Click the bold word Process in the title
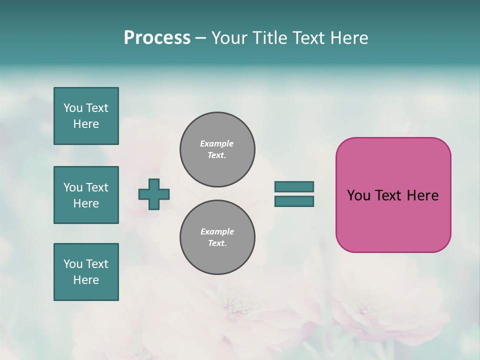[x=157, y=38]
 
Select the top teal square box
[x=86, y=116]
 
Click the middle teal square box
[x=86, y=195]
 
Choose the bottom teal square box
[x=86, y=272]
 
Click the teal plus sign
[x=154, y=194]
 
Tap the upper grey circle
[x=217, y=149]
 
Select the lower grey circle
[x=217, y=237]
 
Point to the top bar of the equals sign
[x=294, y=186]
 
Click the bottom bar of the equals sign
[x=294, y=201]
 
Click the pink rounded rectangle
[x=393, y=220]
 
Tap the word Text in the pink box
[x=389, y=195]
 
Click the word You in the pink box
[x=358, y=195]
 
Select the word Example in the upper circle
[x=217, y=143]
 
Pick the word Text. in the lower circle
[x=217, y=243]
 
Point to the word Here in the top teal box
[x=86, y=124]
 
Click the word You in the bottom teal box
[x=73, y=264]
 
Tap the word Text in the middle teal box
[x=97, y=187]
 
